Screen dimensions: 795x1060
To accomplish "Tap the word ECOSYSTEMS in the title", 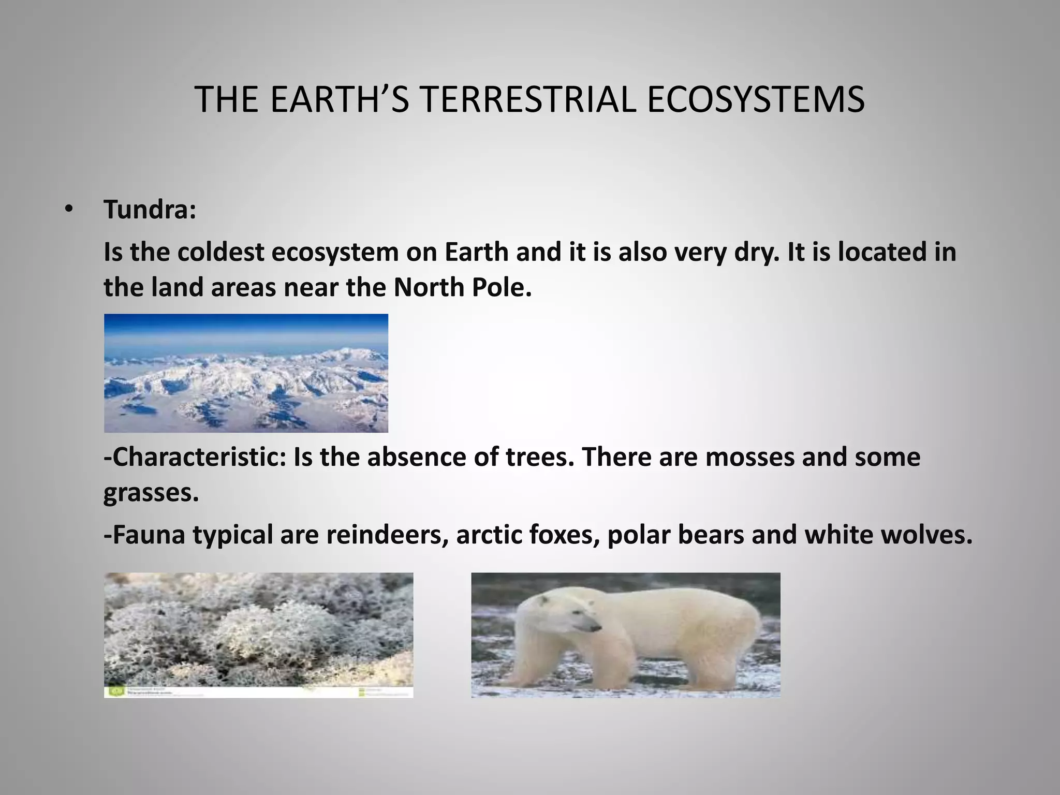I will [x=755, y=99].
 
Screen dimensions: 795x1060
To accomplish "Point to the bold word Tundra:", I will [x=150, y=210].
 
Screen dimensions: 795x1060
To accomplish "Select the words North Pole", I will [x=462, y=287].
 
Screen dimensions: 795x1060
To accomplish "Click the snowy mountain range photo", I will [x=246, y=373].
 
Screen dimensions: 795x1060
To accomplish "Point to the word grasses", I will [x=151, y=493].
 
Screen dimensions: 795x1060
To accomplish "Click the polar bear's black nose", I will [x=598, y=628].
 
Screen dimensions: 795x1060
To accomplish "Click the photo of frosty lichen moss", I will [x=258, y=629].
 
